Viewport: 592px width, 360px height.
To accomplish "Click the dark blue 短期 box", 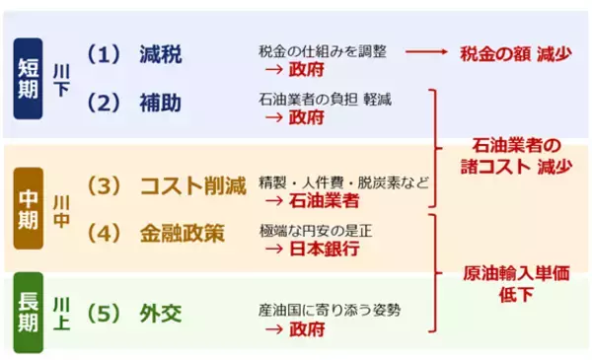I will [29, 78].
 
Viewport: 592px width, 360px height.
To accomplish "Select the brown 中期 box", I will [29, 208].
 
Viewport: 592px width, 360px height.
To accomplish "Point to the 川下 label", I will [60, 79].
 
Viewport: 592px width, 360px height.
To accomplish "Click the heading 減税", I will [160, 54].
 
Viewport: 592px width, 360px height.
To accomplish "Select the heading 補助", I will [160, 103].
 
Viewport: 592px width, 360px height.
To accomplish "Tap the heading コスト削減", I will [190, 184].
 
